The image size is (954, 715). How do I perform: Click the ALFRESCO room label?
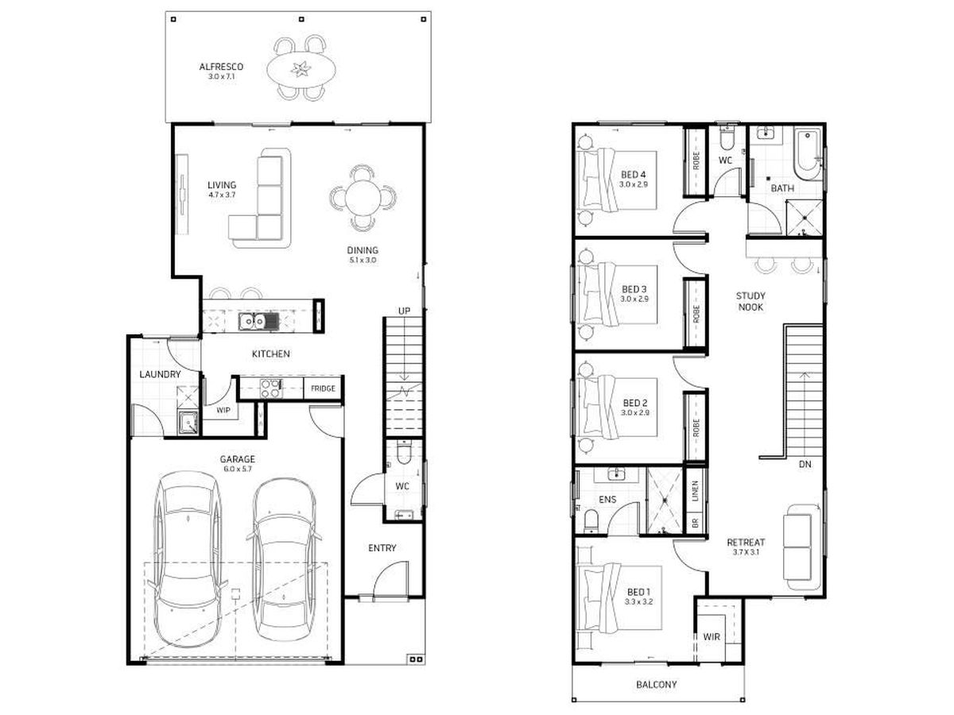click(221, 67)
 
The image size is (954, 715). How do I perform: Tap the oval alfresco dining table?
click(301, 69)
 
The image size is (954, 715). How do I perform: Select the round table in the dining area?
click(363, 198)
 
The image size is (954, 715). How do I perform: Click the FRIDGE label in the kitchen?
click(323, 388)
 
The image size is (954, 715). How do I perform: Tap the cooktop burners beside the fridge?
click(270, 388)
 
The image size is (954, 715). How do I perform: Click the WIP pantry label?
click(223, 410)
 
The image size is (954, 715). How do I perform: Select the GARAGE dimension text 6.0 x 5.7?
click(237, 469)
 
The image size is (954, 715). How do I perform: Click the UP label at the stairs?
click(404, 311)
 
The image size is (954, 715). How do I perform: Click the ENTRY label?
click(382, 548)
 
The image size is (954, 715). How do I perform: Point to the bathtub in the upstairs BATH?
click(807, 153)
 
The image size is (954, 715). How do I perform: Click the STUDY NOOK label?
click(750, 301)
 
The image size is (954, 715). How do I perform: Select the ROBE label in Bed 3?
click(696, 314)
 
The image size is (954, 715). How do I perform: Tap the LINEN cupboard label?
click(695, 491)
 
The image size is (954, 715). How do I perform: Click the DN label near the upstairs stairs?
click(805, 464)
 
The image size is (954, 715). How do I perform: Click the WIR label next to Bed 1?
click(712, 637)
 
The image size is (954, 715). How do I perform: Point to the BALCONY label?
click(657, 684)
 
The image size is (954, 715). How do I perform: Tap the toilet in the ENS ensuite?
click(591, 521)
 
